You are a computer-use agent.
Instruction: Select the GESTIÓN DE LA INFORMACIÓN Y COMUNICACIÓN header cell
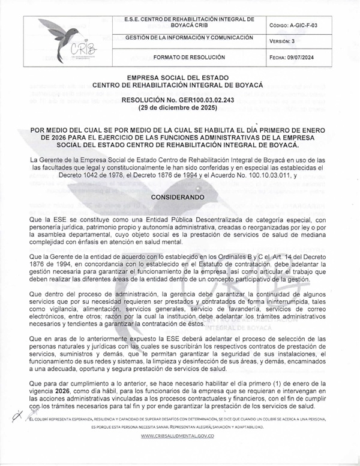(189, 38)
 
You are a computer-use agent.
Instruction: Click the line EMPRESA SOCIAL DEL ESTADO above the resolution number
(180, 79)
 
